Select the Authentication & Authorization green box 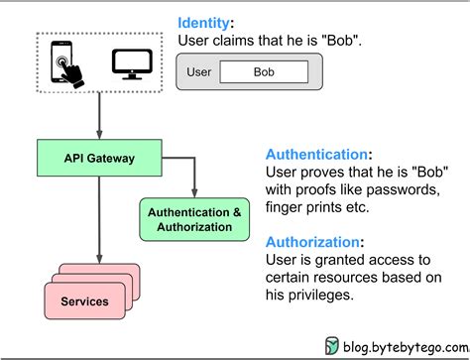(194, 219)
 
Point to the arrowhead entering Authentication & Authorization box (194, 193)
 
